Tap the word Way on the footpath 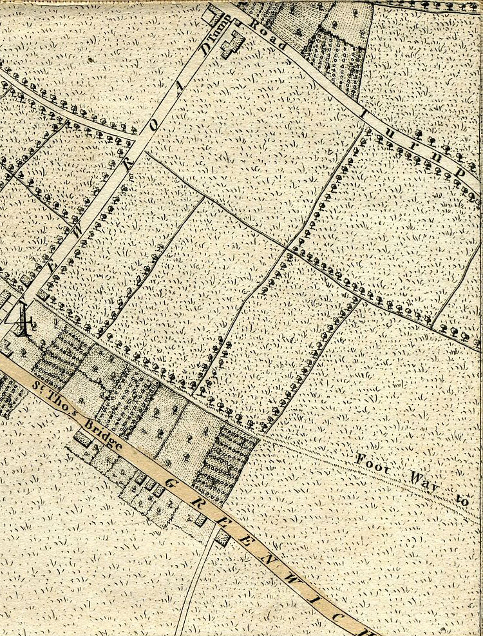tap(426, 481)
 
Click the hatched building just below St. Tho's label tap(82, 438)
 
